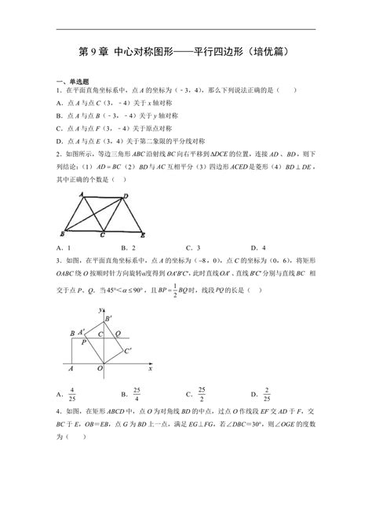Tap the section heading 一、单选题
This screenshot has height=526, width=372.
(x=74, y=82)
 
